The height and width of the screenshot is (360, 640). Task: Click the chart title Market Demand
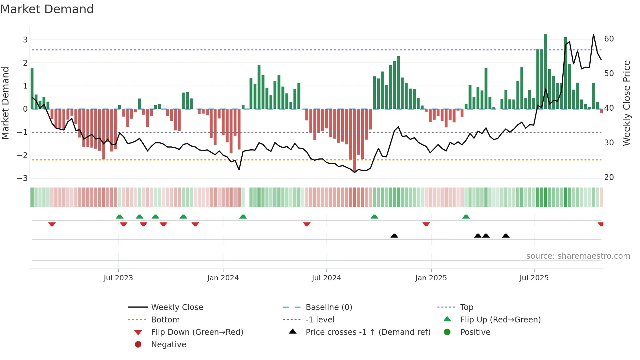(x=47, y=9)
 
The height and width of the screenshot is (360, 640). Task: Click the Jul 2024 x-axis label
(x=326, y=278)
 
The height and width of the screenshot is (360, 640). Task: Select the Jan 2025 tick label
(x=431, y=278)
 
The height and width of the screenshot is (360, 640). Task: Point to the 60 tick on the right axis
(x=609, y=39)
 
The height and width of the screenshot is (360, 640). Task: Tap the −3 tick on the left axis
(x=22, y=178)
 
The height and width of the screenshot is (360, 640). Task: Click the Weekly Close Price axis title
(x=626, y=103)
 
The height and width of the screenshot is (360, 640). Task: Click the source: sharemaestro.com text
(x=578, y=256)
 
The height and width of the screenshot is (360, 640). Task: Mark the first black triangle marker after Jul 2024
(x=394, y=236)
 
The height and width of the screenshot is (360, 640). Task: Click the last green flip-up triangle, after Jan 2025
(x=466, y=217)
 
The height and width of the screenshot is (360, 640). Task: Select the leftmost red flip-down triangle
(x=52, y=224)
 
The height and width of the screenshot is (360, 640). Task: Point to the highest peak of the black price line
(x=593, y=34)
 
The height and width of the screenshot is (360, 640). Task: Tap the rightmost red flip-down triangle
(x=600, y=224)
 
